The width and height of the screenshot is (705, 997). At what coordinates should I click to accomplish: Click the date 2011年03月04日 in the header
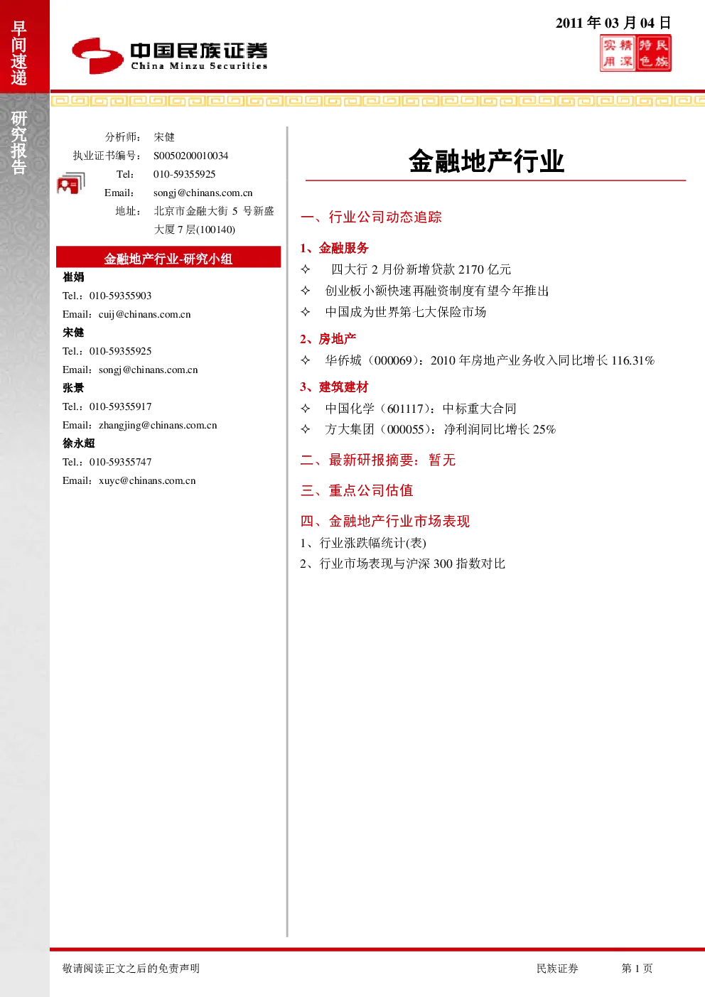613,23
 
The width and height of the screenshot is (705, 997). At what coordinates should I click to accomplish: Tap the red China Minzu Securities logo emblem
97,55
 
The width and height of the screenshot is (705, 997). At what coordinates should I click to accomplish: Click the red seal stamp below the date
635,53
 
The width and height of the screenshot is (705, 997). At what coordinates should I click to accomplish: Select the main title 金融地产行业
487,161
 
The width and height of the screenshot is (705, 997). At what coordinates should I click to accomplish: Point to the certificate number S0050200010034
190,156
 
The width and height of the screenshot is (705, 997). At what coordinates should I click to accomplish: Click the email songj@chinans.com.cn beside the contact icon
203,193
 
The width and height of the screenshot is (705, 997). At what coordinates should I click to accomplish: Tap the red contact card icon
71,183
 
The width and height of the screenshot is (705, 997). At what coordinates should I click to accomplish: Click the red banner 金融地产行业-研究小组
168,257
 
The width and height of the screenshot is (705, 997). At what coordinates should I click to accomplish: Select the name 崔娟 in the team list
73,277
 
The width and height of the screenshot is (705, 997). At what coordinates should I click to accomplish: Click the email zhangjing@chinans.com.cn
158,425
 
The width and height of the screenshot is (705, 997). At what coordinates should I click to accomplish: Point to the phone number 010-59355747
120,462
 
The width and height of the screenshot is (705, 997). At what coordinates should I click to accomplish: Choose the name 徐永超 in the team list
79,443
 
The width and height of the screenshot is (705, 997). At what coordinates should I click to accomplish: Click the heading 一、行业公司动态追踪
371,217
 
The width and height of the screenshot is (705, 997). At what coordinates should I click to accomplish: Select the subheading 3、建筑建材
334,387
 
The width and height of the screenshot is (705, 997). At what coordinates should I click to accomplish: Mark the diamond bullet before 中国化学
306,408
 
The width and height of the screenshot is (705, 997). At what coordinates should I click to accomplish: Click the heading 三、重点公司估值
357,490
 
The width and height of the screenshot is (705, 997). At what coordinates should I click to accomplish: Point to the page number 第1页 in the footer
637,968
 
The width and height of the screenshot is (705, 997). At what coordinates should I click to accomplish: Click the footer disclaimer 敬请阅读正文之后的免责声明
131,968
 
